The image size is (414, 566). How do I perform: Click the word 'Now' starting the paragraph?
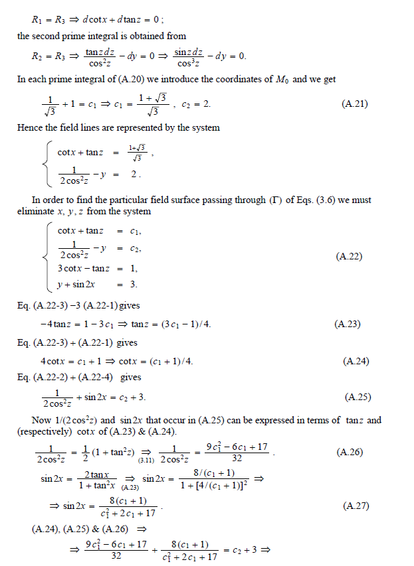coord(41,420)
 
